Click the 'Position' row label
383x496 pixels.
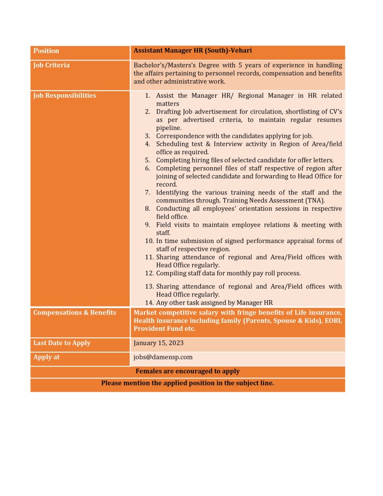[x=46, y=51]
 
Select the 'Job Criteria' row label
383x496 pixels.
[x=51, y=65]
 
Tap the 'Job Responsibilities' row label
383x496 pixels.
[x=64, y=96]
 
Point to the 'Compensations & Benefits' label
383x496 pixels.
[x=74, y=312]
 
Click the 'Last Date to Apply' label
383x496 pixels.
[x=62, y=343]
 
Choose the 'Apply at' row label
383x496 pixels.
[x=46, y=357]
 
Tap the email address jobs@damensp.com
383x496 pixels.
[x=163, y=357]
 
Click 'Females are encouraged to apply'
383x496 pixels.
[x=188, y=372]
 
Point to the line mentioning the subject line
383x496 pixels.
[x=188, y=383]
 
